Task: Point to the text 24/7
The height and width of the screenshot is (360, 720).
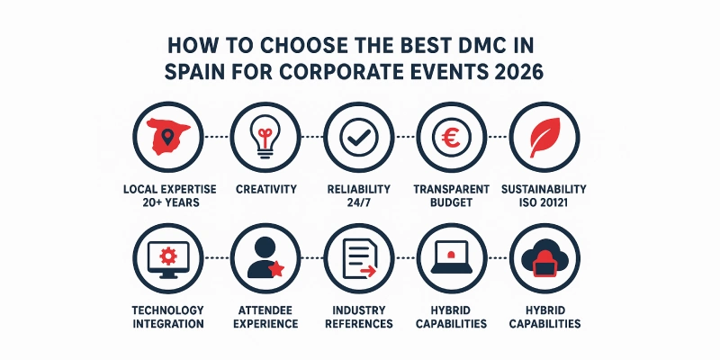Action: point(358,203)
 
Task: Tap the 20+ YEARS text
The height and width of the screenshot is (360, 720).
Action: point(171,203)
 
